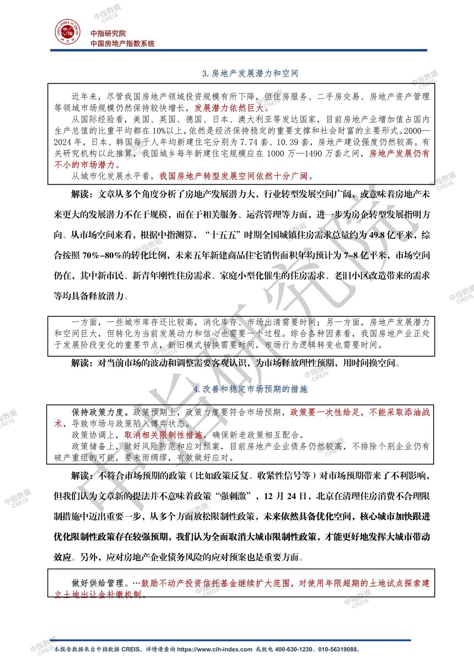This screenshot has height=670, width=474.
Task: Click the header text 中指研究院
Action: (108, 33)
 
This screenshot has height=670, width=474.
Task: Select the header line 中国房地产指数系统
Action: (122, 44)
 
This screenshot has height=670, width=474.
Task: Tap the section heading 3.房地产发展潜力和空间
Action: (250, 74)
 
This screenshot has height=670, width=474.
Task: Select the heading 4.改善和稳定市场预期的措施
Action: (250, 389)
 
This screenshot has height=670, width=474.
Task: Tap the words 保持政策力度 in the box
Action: (97, 412)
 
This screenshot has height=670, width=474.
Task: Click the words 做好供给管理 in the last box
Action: (97, 583)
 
